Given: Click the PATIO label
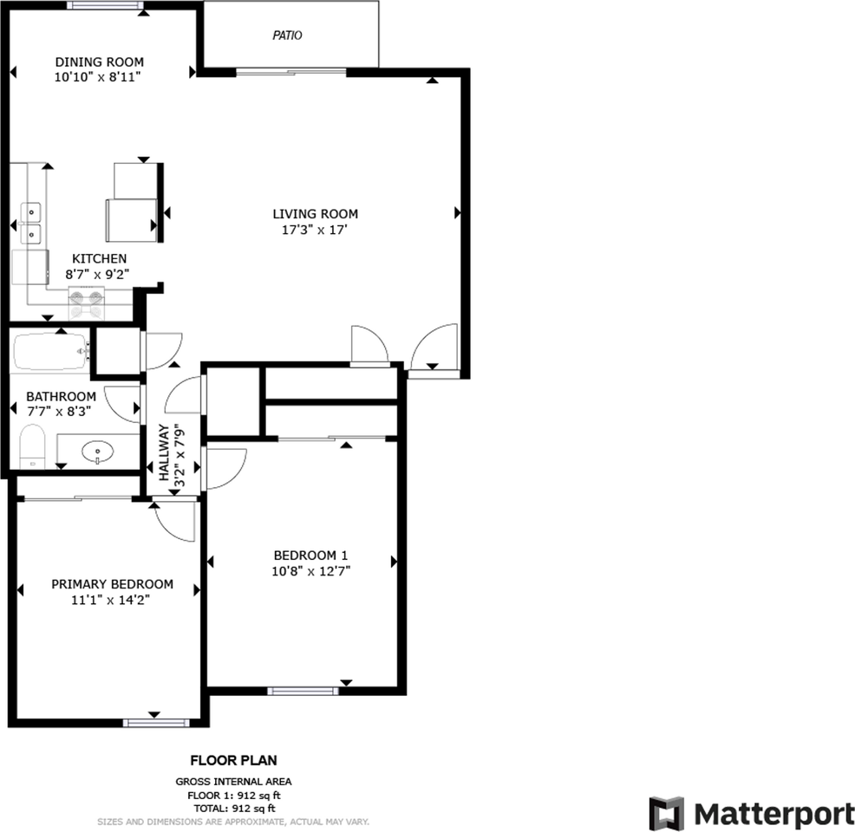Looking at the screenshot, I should tap(287, 36).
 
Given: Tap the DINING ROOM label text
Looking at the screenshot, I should tap(99, 62).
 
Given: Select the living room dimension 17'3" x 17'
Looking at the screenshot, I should tap(315, 230).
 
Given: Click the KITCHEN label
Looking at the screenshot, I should tap(99, 258).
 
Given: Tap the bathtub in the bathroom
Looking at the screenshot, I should tap(50, 352).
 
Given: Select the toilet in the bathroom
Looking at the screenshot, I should tap(32, 447).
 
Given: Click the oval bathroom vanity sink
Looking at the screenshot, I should tap(97, 451).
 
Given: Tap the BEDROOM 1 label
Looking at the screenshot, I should tap(310, 556).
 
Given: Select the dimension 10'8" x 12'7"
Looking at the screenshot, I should tap(310, 570).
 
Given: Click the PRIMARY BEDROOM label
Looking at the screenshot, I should tap(112, 584).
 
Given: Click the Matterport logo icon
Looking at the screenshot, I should tap(667, 813).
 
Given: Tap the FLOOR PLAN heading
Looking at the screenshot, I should tap(233, 761).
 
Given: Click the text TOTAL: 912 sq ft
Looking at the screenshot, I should tap(233, 807).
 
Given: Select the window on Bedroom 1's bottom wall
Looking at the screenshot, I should tap(302, 691).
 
